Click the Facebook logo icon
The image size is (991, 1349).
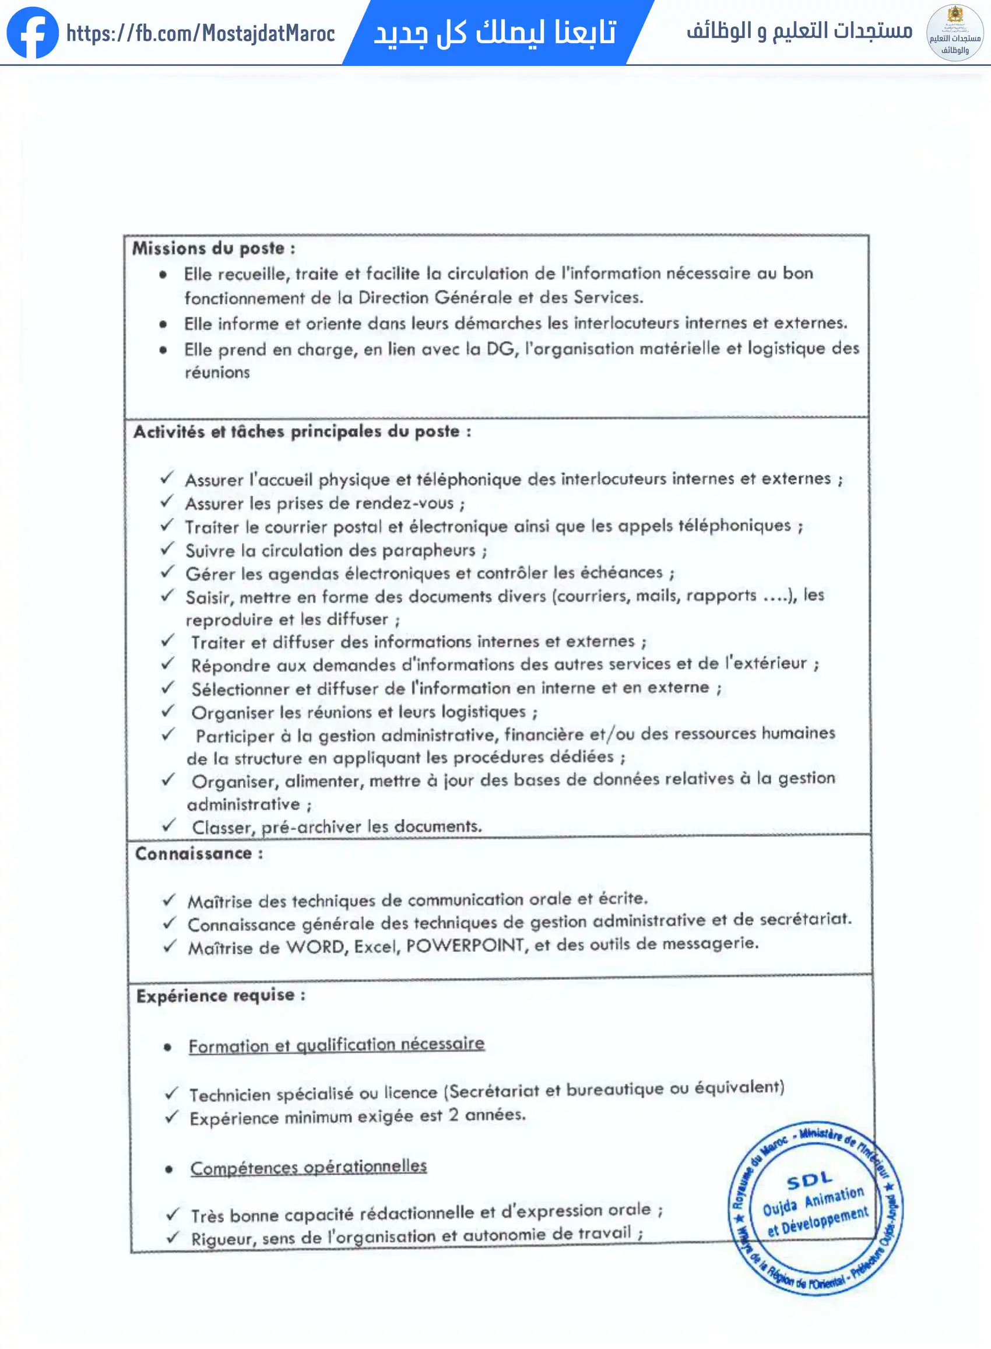coord(33,33)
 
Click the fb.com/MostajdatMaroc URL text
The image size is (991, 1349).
coord(201,34)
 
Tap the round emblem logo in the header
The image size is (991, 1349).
coord(954,33)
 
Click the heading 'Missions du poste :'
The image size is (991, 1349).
coord(213,248)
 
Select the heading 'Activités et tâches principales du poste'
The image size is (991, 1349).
coord(302,432)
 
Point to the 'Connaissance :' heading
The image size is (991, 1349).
coord(199,853)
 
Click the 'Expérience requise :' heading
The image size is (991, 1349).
coord(221,996)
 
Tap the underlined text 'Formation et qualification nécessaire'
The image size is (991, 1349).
coord(336,1045)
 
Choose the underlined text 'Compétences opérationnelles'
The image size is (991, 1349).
coord(308,1167)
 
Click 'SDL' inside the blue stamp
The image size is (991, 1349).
coord(809,1181)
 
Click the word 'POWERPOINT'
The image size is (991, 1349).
coord(466,946)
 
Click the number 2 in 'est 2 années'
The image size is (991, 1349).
coord(454,1115)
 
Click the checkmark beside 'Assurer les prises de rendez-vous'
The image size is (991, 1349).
coord(167,501)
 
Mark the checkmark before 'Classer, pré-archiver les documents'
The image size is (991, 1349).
coord(168,825)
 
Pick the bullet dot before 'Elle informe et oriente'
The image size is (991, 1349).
coord(163,324)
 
